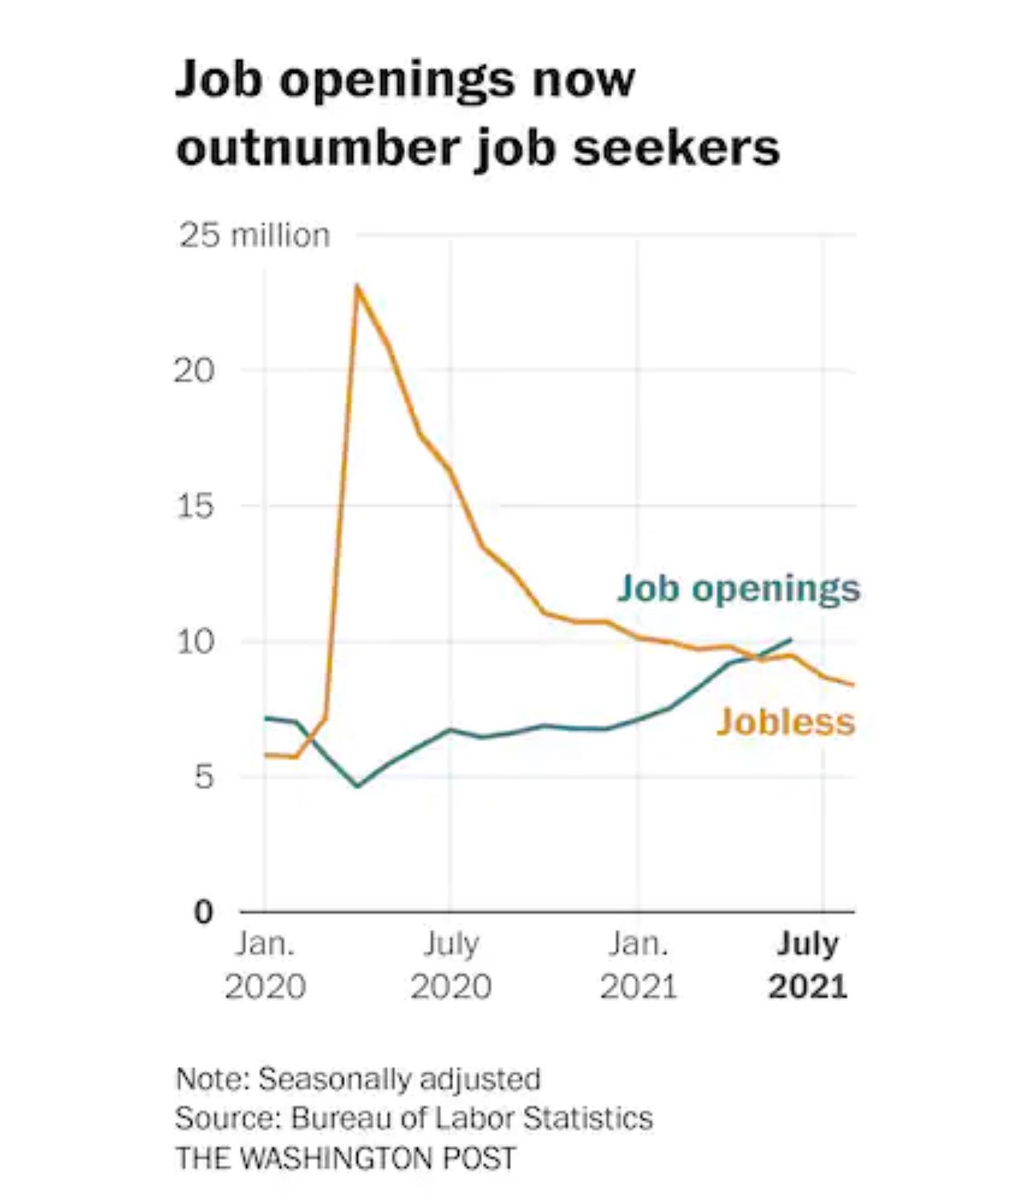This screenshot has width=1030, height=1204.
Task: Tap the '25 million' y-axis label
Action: (254, 236)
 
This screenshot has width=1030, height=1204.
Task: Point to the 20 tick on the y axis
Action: (194, 371)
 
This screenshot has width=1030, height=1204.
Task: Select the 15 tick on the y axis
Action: (194, 506)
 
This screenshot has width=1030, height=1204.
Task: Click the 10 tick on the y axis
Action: (194, 642)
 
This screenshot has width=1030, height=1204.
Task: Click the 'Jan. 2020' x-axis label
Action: (265, 965)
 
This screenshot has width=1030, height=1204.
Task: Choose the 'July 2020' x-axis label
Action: (451, 965)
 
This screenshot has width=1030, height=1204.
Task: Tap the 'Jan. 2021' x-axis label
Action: (639, 965)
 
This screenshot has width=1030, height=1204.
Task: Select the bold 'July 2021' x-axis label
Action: (808, 965)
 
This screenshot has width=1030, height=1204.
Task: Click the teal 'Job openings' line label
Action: (739, 588)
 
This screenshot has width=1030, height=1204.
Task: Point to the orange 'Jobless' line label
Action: (785, 721)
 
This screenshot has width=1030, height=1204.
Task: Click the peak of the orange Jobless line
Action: (357, 286)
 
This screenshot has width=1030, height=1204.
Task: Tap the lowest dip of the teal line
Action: (358, 785)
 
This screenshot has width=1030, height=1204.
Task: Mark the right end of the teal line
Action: (791, 639)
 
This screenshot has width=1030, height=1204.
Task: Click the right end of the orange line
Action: (854, 685)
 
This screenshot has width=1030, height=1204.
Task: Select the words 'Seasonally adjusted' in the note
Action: (399, 1079)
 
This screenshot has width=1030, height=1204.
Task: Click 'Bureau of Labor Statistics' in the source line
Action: (472, 1118)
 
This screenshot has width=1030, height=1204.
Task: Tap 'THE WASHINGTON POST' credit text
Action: (346, 1157)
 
